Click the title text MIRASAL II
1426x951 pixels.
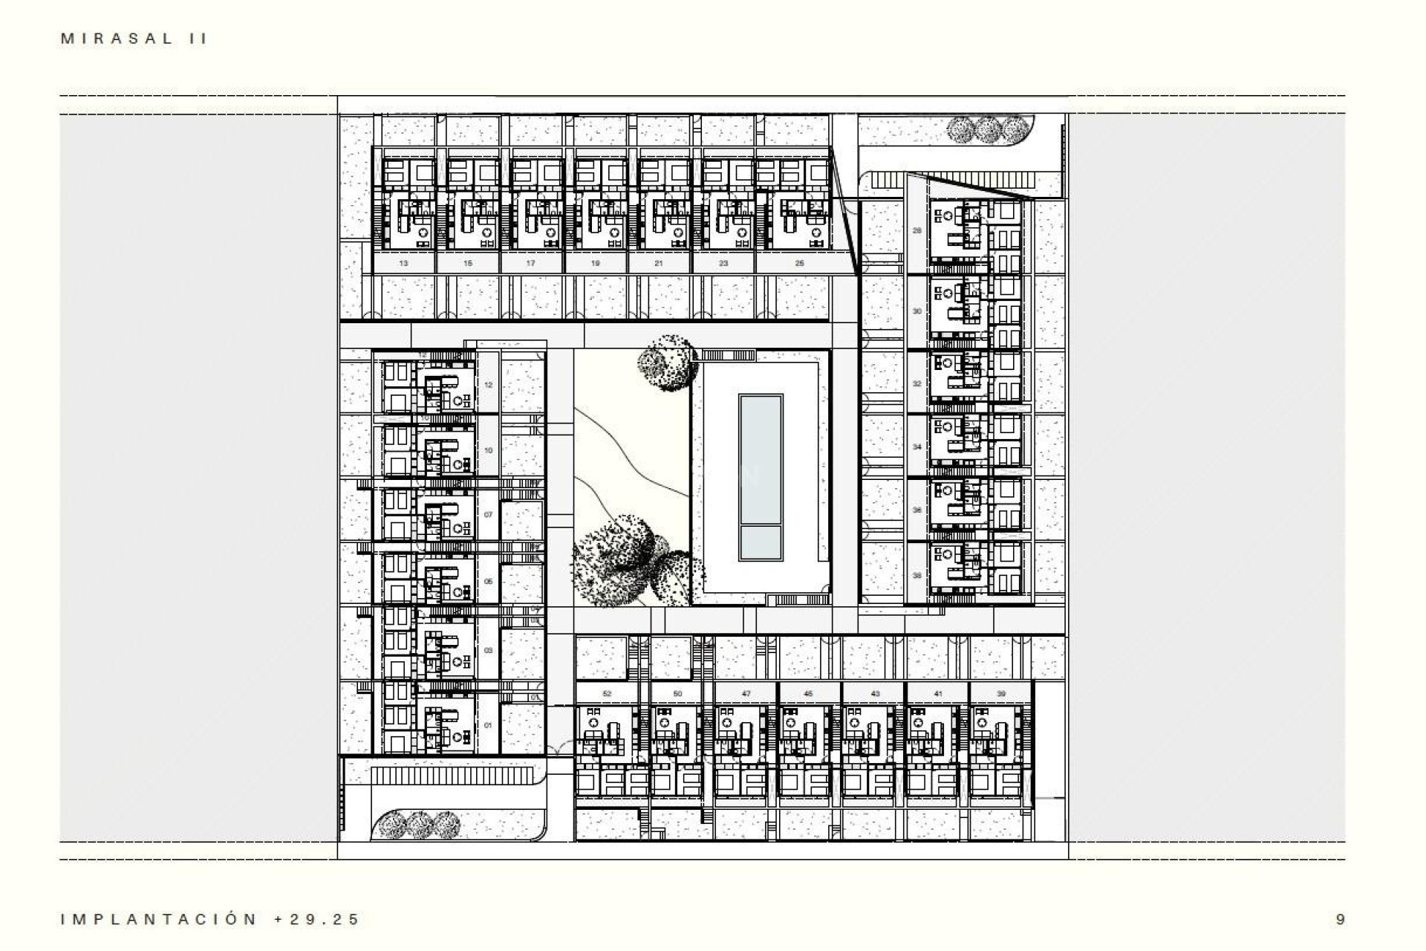[134, 39]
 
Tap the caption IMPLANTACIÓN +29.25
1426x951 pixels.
[210, 919]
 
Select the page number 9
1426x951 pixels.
[1340, 919]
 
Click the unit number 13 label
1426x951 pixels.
[403, 263]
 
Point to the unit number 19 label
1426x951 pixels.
[596, 263]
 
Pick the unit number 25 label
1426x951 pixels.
[799, 263]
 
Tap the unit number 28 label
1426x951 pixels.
[917, 230]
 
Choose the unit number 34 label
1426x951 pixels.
[917, 447]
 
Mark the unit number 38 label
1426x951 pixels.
[917, 576]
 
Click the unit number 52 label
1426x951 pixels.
[607, 694]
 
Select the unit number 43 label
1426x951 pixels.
[875, 694]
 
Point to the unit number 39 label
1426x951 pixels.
[1001, 694]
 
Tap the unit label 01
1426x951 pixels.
[488, 725]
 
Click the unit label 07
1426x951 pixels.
[488, 514]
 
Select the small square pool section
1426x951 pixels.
[761, 543]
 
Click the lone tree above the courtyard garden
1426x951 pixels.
[668, 362]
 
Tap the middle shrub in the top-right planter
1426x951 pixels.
[987, 130]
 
